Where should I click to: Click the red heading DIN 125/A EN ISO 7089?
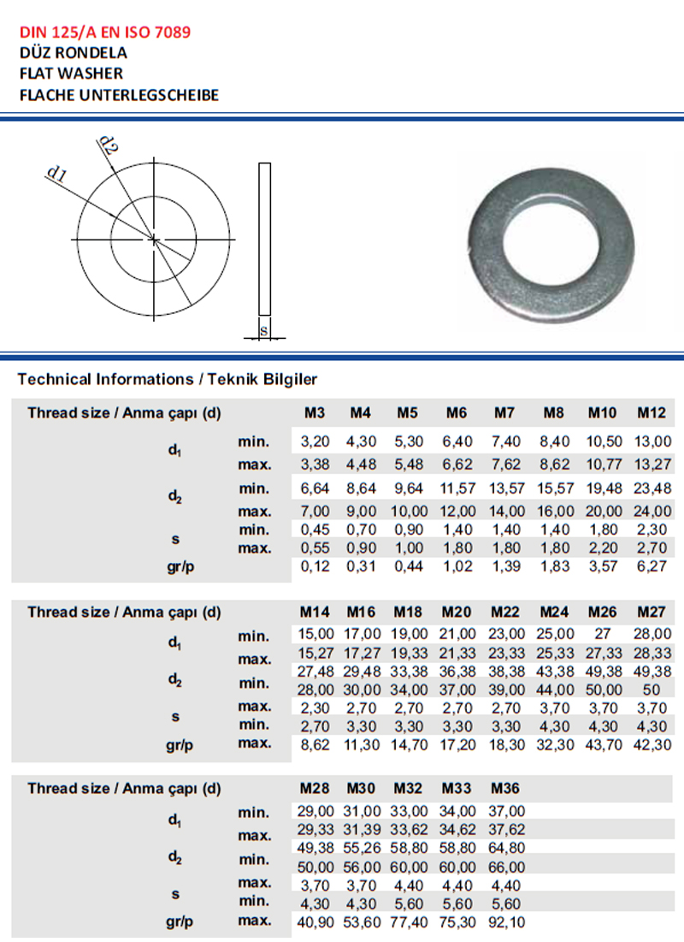tap(105, 33)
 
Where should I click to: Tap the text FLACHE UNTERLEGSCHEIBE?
tap(119, 94)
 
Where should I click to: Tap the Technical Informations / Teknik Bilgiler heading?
tap(167, 378)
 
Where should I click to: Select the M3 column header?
tap(315, 413)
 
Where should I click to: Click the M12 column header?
tap(652, 413)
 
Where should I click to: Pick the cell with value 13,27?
tap(652, 465)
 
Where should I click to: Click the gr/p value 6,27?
tap(652, 566)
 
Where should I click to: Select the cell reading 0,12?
tap(315, 566)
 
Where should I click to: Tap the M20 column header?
tap(457, 613)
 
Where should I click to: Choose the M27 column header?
tap(652, 613)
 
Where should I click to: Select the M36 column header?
tap(505, 788)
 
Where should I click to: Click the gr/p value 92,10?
tap(505, 921)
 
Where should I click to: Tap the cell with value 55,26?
tap(361, 848)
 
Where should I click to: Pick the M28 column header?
tap(315, 788)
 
